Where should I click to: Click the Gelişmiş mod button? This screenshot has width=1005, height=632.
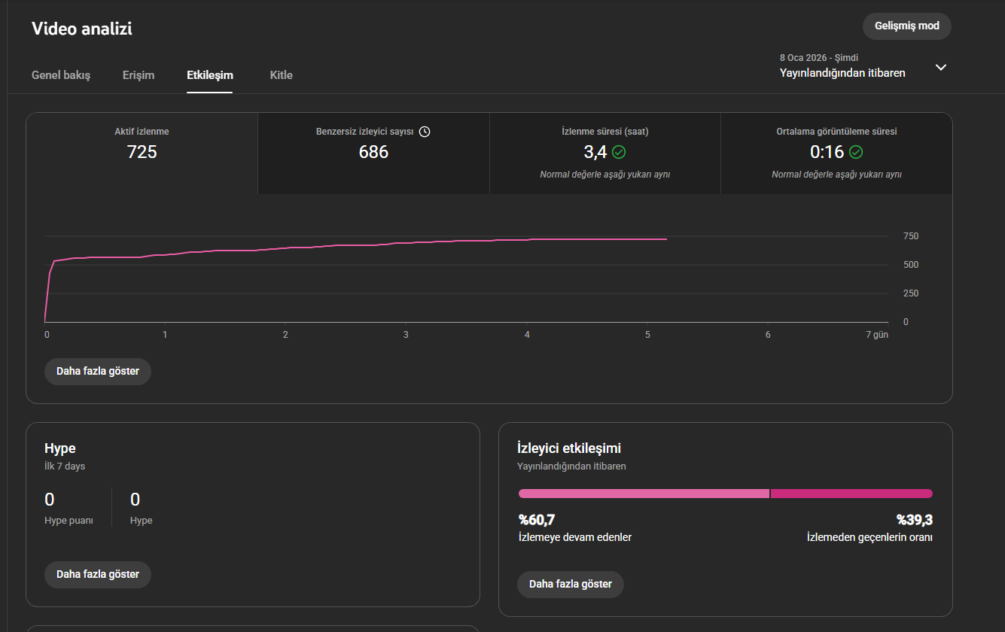[x=906, y=26]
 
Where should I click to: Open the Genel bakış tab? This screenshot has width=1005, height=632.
[x=61, y=75]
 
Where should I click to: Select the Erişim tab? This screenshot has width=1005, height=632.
[x=139, y=75]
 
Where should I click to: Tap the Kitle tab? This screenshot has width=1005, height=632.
[x=282, y=75]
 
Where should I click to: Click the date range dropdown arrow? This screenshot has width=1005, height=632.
[x=941, y=67]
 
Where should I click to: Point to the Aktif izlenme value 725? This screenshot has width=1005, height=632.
[x=142, y=152]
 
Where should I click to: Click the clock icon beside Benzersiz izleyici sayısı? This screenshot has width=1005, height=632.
[x=425, y=132]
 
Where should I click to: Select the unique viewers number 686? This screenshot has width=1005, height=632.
[x=373, y=152]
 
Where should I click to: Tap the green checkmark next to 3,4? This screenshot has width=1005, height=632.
[x=619, y=152]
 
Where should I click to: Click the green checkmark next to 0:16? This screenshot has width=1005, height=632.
[x=856, y=152]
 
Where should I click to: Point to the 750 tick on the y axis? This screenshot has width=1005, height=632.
[x=911, y=236]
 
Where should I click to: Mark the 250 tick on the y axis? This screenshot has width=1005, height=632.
[x=911, y=293]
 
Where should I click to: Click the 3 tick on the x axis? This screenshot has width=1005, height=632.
[x=406, y=335]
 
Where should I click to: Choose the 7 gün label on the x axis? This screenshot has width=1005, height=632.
[x=877, y=335]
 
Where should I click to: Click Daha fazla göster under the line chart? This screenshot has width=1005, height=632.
[x=98, y=372]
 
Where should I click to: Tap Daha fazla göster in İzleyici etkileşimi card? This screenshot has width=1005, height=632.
[x=570, y=584]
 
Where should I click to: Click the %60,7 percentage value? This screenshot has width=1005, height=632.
[x=537, y=520]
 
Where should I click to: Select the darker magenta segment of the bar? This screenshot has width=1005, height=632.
[x=851, y=494]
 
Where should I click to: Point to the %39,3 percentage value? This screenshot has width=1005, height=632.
[x=915, y=520]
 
